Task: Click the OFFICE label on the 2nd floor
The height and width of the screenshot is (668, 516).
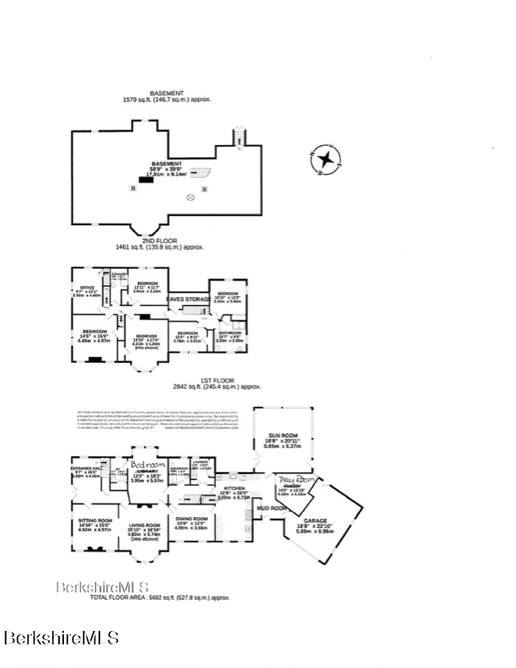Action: [x=85, y=288]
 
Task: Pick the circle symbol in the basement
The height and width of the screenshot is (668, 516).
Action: [x=191, y=197]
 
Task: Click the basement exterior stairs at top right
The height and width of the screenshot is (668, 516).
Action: [x=238, y=137]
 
